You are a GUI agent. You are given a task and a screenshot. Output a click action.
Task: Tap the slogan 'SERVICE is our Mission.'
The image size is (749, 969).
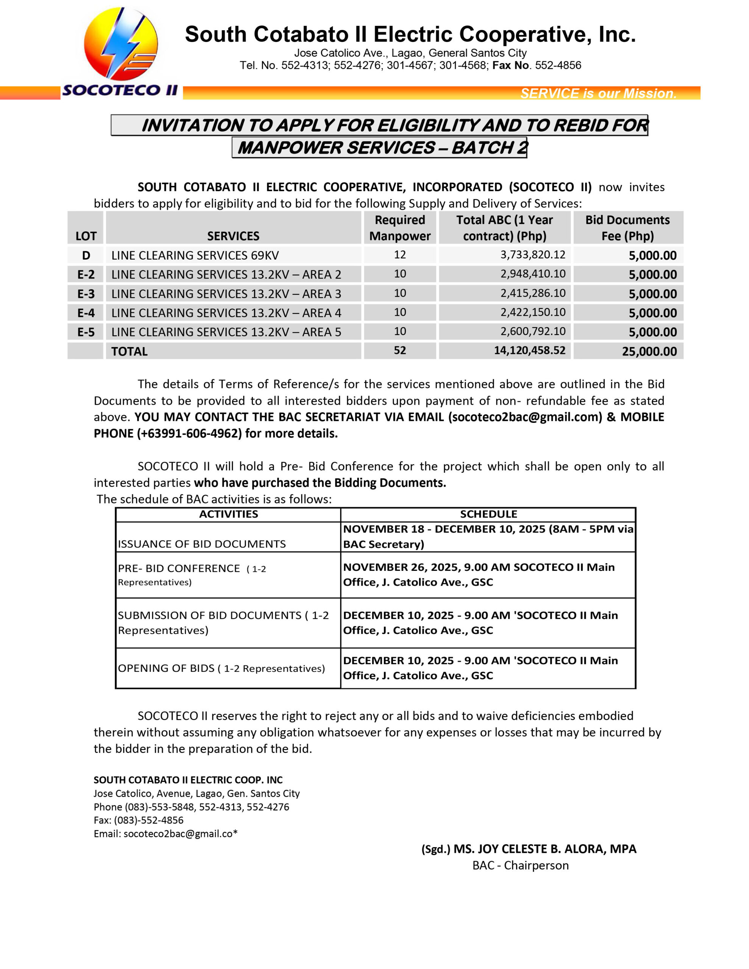598,93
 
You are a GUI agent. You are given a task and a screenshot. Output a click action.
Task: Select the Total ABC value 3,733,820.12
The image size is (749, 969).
533,255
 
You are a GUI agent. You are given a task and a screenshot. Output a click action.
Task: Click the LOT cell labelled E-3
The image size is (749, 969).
86,294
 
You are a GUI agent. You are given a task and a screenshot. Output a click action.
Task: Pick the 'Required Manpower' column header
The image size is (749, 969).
399,227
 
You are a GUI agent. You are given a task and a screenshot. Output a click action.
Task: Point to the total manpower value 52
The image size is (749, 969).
399,351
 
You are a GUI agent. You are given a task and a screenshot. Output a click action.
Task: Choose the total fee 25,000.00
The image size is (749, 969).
649,351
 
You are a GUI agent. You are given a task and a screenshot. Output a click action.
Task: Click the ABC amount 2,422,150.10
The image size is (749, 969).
533,312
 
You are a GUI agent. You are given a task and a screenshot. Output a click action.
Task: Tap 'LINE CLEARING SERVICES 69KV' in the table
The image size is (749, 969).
195,255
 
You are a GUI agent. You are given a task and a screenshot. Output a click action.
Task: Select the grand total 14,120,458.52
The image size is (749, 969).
530,351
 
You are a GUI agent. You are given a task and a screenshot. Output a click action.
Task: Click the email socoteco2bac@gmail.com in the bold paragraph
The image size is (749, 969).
525,417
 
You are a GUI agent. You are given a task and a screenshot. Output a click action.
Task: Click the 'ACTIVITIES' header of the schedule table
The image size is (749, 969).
228,514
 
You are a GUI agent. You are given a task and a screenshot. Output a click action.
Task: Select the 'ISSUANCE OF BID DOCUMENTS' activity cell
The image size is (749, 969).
201,544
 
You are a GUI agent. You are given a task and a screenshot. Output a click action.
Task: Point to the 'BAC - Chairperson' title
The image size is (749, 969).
520,866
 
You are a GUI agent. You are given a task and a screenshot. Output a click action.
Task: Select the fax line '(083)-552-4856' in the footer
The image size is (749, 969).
148,820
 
